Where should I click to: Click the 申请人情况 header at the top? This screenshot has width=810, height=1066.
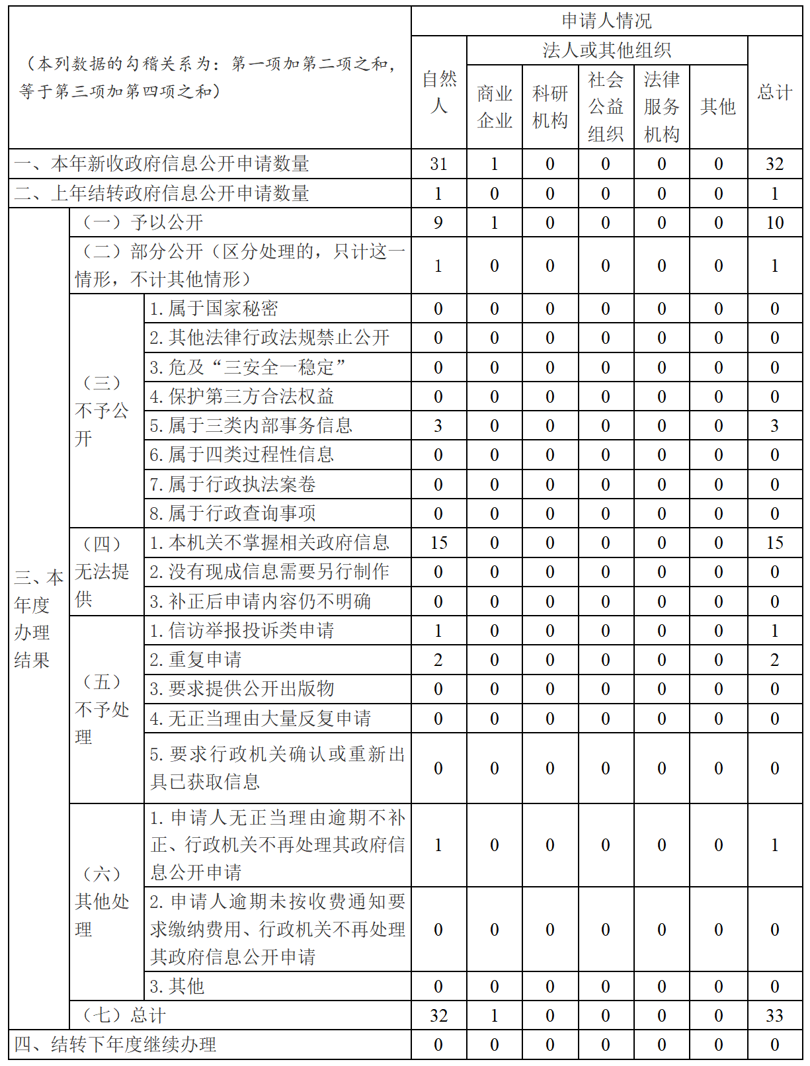[x=606, y=21]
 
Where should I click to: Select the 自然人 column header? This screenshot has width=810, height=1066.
[x=439, y=92]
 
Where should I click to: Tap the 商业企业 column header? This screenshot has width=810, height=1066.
[x=495, y=106]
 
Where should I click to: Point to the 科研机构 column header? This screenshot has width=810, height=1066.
[x=550, y=106]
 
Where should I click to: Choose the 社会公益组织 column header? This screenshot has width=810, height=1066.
[x=606, y=106]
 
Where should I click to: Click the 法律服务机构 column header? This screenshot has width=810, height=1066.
[x=662, y=106]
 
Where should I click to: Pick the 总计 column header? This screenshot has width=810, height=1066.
[x=775, y=92]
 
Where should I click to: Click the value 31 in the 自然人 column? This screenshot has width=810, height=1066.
[x=439, y=164]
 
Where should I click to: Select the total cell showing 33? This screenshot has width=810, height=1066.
[x=775, y=1016]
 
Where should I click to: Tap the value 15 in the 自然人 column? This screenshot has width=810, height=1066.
[x=439, y=543]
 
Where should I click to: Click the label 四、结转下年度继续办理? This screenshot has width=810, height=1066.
[x=116, y=1045]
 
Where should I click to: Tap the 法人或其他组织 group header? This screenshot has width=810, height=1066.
[x=606, y=50]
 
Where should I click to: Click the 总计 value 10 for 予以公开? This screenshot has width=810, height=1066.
[x=775, y=223]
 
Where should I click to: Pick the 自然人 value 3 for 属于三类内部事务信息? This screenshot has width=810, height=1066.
[x=438, y=426]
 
